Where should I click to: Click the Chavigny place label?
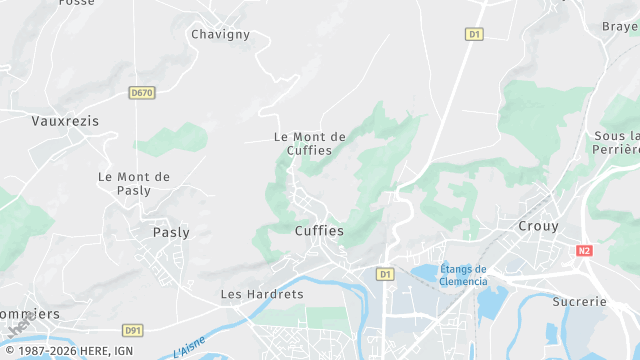tap(220, 34)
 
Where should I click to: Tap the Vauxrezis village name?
tap(66, 120)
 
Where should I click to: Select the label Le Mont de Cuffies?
tap(310, 143)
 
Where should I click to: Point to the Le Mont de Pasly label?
tap(134, 183)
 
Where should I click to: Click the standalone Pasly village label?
tap(171, 231)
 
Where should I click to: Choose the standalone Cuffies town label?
tap(319, 230)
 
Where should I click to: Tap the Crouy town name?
tap(538, 226)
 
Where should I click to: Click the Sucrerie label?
tap(579, 301)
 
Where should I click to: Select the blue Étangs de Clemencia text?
tap(463, 275)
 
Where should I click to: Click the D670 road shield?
tap(142, 93)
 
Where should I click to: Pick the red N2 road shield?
tap(585, 252)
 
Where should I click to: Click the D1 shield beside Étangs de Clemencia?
tap(385, 273)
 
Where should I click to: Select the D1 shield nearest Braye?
tap(475, 34)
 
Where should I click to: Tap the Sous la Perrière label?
tap(616, 142)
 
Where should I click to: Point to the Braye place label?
tap(621, 27)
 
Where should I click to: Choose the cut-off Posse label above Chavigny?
tap(76, 3)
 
